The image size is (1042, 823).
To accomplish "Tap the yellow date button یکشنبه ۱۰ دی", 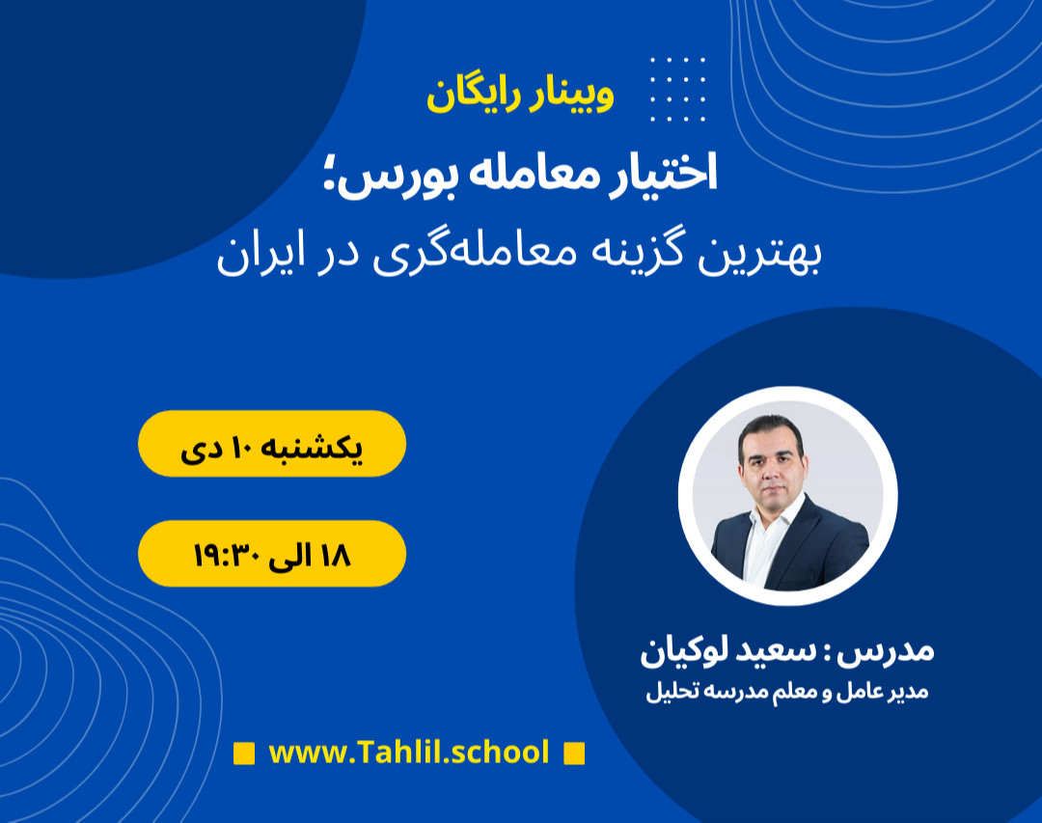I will pyautogui.click(x=272, y=444).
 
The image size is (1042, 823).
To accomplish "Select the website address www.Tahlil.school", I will pyautogui.click(x=409, y=752).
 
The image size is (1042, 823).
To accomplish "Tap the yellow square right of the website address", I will pyautogui.click(x=574, y=753).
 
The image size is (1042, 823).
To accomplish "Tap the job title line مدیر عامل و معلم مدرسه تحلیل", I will pyautogui.click(x=786, y=693).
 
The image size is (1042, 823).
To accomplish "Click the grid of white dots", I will pyautogui.click(x=677, y=90).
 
